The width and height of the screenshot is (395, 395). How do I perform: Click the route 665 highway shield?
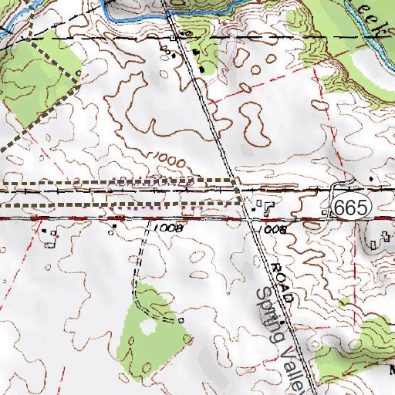click(x=353, y=206)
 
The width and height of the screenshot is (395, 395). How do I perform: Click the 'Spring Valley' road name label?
click(x=285, y=332)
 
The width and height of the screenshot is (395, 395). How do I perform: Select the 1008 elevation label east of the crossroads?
click(x=273, y=230)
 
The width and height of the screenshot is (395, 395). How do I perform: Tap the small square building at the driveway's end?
click(x=180, y=319)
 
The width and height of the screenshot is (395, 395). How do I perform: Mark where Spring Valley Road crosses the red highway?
click(x=251, y=218)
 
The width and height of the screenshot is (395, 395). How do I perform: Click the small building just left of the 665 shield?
click(x=325, y=211)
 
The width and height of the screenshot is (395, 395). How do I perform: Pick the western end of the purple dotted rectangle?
click(x=114, y=194)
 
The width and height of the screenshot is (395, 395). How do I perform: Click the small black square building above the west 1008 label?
click(x=114, y=226)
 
